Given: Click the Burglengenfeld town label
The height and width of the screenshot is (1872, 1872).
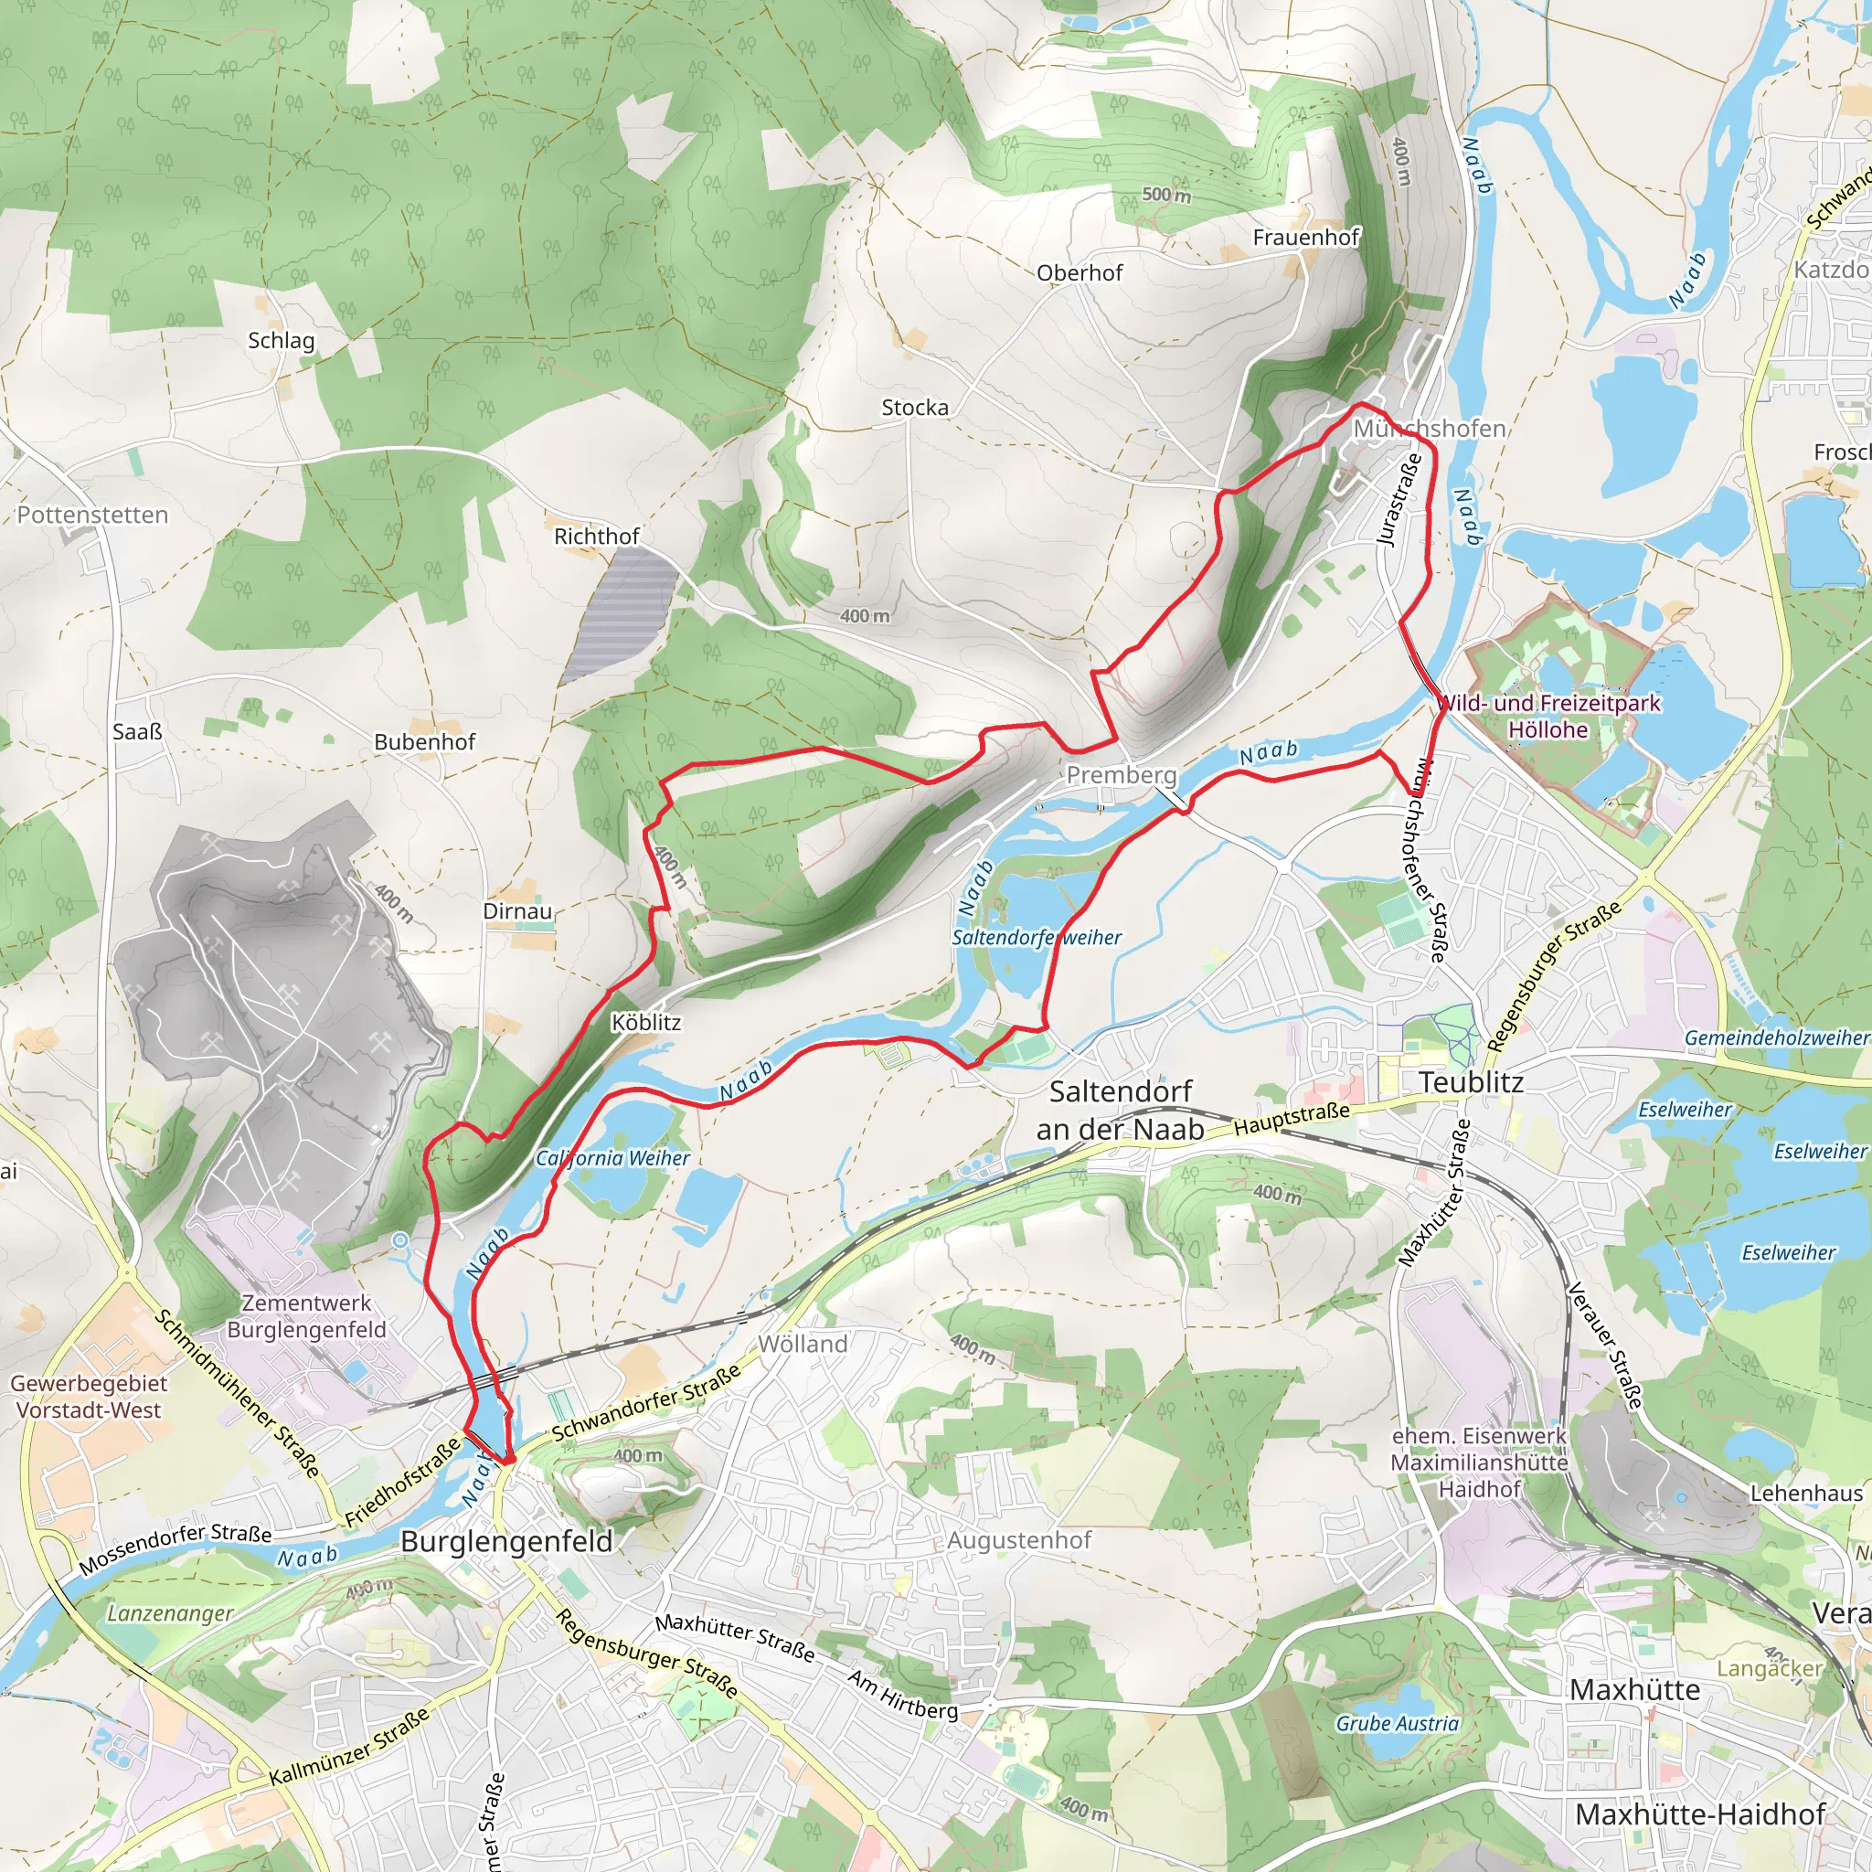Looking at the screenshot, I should point(506,1542).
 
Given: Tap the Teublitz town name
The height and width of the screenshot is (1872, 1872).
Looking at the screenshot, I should point(1471,1082).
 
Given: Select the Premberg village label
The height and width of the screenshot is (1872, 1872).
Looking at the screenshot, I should point(1121,775).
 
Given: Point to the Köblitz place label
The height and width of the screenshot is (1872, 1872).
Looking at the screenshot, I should point(646,1022).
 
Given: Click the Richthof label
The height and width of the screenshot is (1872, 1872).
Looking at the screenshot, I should point(597,536).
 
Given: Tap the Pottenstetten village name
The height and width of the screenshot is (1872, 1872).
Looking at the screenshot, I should point(93,515).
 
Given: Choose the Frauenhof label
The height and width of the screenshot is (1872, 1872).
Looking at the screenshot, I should point(1306,238).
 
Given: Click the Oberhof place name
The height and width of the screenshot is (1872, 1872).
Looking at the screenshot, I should point(1080,273).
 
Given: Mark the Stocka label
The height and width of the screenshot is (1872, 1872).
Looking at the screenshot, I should point(915,408).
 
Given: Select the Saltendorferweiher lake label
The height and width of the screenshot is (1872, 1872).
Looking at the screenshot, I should point(1037,937).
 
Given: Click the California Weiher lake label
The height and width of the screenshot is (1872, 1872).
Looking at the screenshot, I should point(613,1158).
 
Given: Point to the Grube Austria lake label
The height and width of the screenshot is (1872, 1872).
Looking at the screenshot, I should point(1398,1723).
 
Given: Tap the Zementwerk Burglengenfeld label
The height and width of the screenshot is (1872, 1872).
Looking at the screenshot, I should point(306,1316).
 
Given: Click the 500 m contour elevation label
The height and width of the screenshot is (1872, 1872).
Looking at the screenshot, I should point(1166,195).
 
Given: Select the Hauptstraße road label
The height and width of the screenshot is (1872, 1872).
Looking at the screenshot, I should point(1292,1119).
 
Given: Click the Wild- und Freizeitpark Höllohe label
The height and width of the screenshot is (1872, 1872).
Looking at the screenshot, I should point(1548,716).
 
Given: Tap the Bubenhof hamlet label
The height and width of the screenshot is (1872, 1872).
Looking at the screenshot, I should point(425,742).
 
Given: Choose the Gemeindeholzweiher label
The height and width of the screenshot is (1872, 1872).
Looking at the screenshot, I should point(1777,1037).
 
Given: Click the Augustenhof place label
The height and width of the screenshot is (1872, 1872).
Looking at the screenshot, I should point(1019,1540).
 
